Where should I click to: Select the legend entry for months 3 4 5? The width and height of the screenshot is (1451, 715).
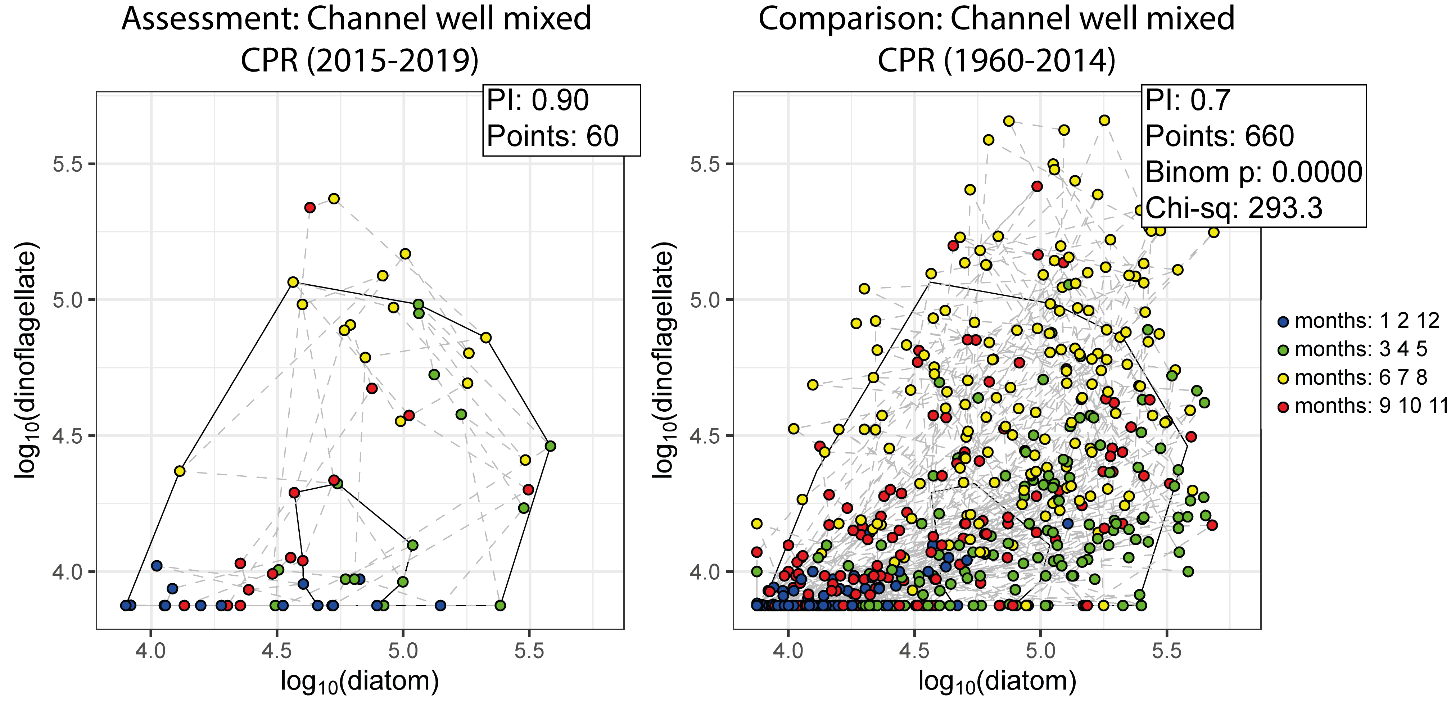(x=1352, y=349)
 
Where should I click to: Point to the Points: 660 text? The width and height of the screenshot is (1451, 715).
(x=1220, y=136)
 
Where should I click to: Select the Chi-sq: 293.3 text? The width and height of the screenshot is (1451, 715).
(x=1234, y=208)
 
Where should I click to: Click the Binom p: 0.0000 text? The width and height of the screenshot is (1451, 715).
(x=1253, y=172)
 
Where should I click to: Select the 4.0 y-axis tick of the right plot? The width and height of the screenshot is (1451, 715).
(x=705, y=572)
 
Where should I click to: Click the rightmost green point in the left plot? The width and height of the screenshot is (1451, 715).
(x=550, y=446)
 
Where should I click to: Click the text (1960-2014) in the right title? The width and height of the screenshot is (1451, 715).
(x=1030, y=61)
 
